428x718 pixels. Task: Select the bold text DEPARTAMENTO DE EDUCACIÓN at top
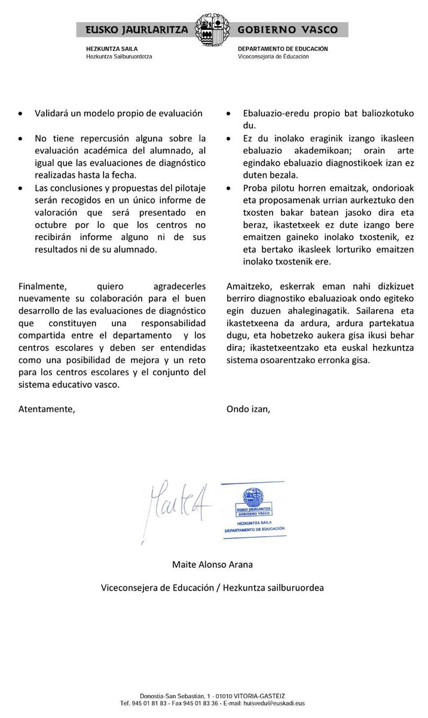tap(282, 50)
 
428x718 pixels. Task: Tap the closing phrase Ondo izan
tap(248, 409)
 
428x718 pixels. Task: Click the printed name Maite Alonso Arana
tap(212, 564)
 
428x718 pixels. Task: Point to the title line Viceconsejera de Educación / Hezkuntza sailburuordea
tap(212, 588)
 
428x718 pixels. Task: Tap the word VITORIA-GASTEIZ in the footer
tap(259, 696)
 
